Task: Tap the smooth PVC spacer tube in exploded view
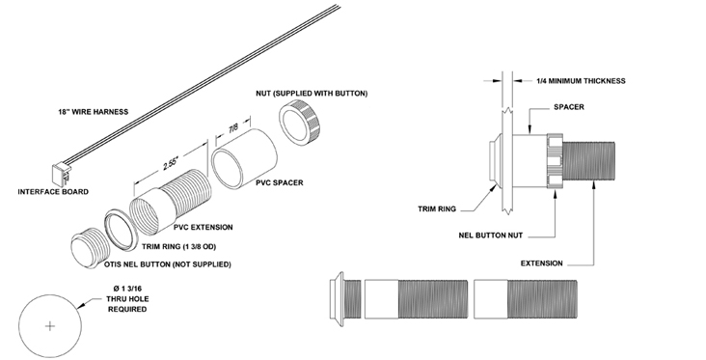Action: pos(244,160)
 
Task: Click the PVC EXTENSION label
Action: pos(205,228)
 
